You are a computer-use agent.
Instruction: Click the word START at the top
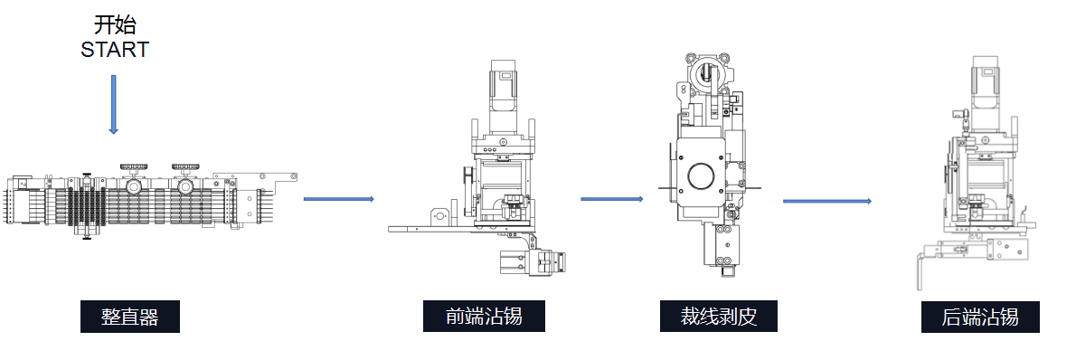115,50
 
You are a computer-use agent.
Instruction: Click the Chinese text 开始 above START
115,25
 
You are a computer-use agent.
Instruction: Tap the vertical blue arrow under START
113,104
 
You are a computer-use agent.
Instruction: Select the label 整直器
129,317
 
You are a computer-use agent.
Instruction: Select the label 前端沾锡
484,316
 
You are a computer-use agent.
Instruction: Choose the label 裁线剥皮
719,316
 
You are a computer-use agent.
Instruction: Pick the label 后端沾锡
980,317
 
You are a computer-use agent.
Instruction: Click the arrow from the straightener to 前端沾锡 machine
339,199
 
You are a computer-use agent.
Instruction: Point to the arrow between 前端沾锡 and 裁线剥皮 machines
612,199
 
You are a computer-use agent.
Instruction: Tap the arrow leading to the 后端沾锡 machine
827,202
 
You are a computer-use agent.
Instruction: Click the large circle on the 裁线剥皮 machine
700,176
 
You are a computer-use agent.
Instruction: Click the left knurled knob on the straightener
132,166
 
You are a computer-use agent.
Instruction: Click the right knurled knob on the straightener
184,166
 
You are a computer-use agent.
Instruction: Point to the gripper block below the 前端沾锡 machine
533,262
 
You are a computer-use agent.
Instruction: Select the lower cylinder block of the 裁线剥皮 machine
719,247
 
